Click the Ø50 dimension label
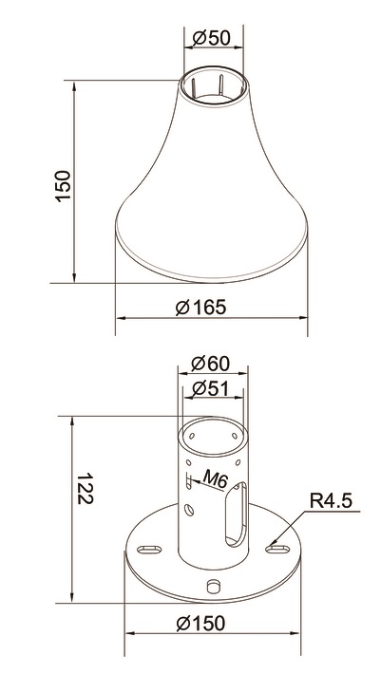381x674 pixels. point(212,38)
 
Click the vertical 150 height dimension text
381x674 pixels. point(63,185)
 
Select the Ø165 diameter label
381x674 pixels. point(200,308)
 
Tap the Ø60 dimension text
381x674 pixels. point(210,364)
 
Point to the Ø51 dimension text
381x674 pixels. point(210,388)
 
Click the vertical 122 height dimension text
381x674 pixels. point(86,488)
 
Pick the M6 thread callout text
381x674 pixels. point(215,478)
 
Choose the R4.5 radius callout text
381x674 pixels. point(331,501)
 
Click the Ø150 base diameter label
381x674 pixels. point(200,624)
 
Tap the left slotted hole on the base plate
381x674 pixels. point(149,550)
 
